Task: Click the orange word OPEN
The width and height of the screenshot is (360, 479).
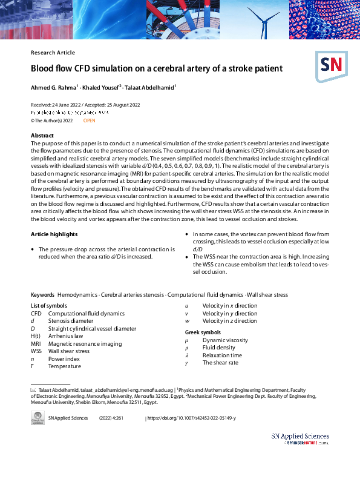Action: [89, 121]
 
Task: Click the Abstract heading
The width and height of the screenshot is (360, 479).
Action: [42, 135]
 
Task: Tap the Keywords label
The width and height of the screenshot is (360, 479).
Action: [42, 294]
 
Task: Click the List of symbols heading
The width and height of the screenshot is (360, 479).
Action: [49, 306]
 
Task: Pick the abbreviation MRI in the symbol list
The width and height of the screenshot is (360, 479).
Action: [36, 343]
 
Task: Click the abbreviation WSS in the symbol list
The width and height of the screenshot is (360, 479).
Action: [36, 351]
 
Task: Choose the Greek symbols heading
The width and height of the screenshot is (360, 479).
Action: [203, 332]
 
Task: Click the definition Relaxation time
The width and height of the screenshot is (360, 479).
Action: [222, 355]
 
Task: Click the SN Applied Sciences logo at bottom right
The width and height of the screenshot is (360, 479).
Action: [299, 438]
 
